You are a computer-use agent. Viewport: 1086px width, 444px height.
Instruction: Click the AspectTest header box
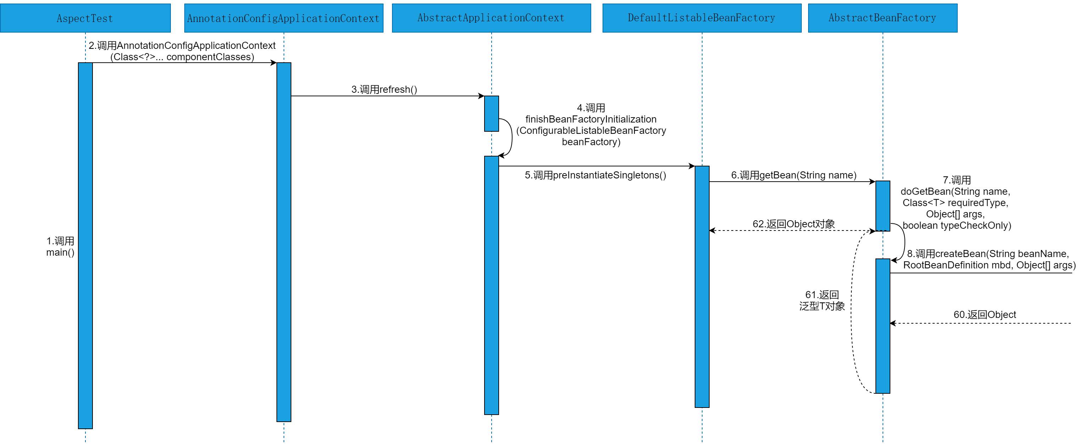click(x=85, y=18)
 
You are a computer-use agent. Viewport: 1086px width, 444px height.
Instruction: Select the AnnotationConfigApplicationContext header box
click(x=284, y=18)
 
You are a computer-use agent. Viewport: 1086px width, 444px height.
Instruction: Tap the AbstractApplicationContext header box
click(x=491, y=18)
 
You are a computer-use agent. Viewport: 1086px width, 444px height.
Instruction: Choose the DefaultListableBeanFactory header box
click(x=701, y=18)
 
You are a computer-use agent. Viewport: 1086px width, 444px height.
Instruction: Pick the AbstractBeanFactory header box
click(x=883, y=18)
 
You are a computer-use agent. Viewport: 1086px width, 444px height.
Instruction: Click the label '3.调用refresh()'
click(x=384, y=89)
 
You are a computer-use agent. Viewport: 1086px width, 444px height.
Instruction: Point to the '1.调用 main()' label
click(x=60, y=246)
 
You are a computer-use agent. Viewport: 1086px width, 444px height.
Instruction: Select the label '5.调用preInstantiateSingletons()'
click(x=595, y=175)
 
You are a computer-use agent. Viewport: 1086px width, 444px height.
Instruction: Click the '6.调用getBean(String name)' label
click(x=794, y=175)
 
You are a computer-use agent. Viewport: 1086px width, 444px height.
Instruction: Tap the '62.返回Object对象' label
click(x=794, y=224)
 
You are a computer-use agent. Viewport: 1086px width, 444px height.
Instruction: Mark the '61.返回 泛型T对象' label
click(x=822, y=300)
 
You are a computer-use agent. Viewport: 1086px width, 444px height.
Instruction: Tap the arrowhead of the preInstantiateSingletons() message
click(x=692, y=166)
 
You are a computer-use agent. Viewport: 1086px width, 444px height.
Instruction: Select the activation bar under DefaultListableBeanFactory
click(x=702, y=286)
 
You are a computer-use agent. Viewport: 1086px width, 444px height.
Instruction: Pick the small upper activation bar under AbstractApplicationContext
click(x=491, y=113)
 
